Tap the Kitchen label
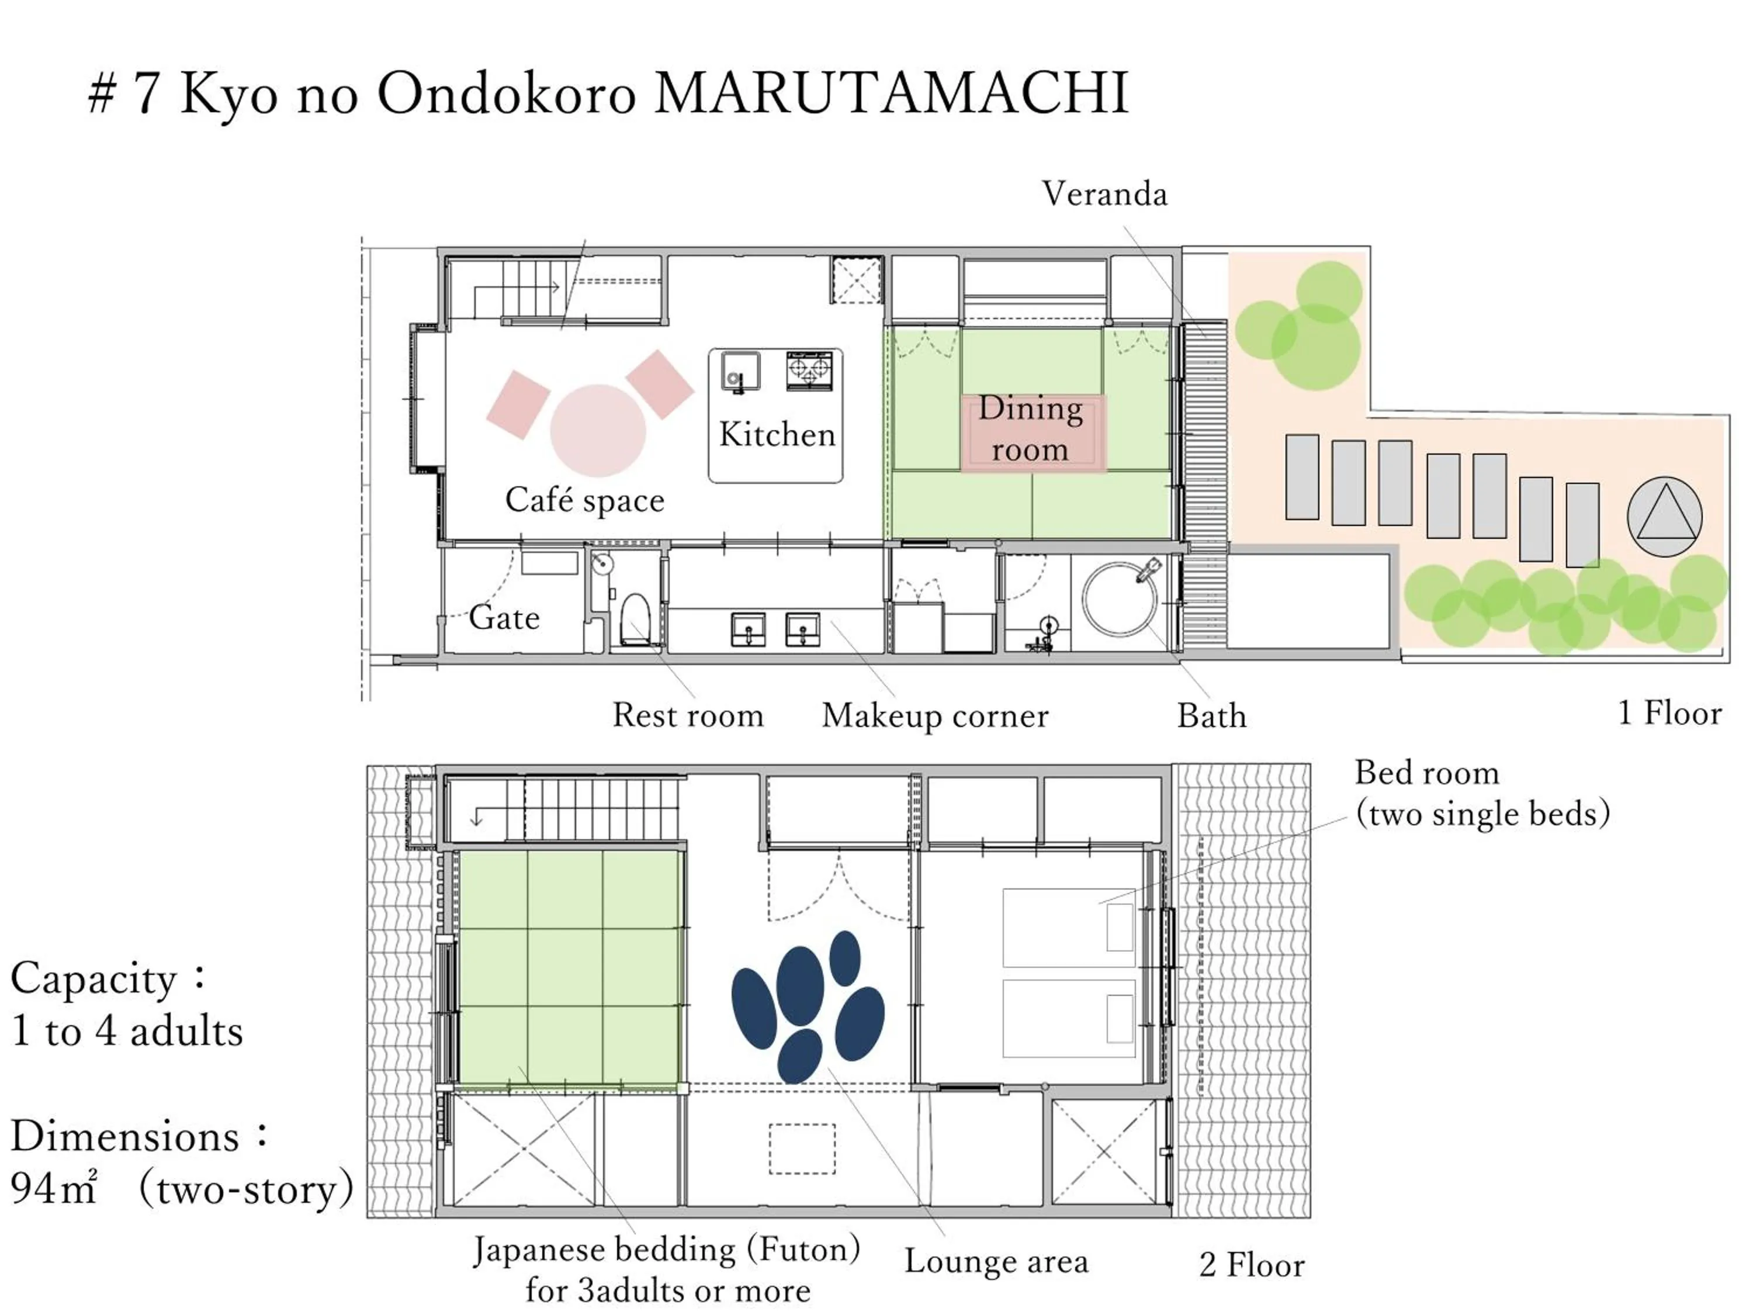(777, 434)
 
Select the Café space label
(585, 500)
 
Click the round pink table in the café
(598, 430)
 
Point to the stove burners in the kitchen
(809, 369)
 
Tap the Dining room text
(1030, 429)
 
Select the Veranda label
(1104, 194)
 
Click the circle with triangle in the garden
(1664, 516)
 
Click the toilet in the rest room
(635, 619)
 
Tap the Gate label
(504, 618)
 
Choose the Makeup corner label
(935, 716)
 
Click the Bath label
(1211, 716)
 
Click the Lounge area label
(996, 1261)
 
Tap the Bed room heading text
(1426, 773)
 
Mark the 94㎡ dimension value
(54, 1188)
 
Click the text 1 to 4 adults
(127, 1031)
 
